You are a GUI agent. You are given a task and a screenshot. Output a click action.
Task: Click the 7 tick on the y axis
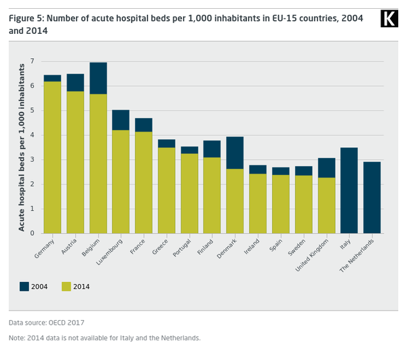[32, 62]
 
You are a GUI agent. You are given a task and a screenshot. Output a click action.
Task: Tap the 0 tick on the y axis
[32, 233]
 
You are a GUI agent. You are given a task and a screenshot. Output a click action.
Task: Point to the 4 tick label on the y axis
[32, 136]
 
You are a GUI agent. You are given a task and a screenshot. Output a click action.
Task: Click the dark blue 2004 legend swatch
[25, 286]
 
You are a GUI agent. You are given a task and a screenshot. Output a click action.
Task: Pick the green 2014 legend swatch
[66, 286]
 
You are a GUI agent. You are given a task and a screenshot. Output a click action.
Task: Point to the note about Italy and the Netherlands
[104, 338]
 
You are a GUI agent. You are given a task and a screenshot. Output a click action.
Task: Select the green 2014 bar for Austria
[75, 163]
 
